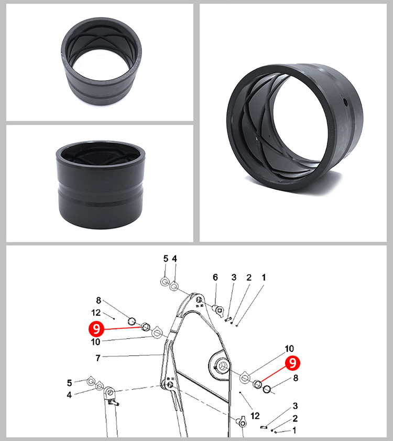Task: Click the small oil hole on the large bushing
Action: [345, 103]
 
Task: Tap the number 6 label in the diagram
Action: [215, 277]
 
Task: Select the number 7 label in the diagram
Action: [98, 358]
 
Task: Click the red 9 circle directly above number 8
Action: [292, 363]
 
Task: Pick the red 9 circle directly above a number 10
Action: [96, 329]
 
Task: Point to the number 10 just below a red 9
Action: [95, 342]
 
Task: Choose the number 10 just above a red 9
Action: [289, 349]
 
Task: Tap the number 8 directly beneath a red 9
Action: [296, 378]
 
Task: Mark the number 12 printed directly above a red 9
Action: [96, 313]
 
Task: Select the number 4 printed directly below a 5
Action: [69, 395]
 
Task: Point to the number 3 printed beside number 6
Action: [234, 277]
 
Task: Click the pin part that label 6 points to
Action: [219, 310]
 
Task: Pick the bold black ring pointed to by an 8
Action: [267, 389]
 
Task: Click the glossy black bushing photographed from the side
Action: [101, 185]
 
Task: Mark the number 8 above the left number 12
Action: [99, 300]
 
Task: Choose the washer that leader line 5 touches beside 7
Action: [91, 381]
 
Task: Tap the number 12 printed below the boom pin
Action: [255, 416]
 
